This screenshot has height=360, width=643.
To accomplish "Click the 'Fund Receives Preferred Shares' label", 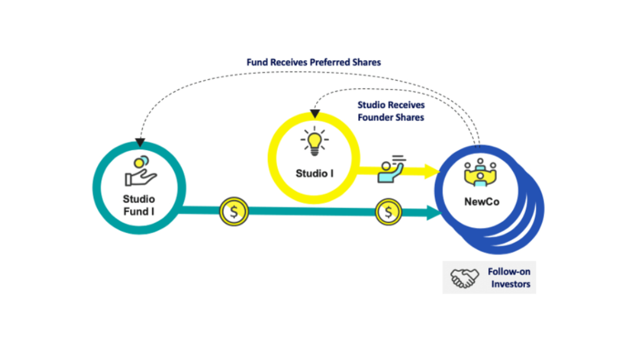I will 314,62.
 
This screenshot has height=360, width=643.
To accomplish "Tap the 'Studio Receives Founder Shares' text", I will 391,111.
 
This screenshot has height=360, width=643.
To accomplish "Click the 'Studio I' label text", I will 314,173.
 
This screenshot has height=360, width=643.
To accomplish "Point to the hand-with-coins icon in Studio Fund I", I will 140,172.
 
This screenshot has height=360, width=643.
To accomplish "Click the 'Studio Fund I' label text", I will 139,204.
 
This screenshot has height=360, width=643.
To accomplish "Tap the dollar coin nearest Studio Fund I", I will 234,211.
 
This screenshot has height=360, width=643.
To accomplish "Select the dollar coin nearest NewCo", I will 389,211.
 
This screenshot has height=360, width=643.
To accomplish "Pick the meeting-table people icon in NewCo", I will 480,172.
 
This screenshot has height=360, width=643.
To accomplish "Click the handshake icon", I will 463,278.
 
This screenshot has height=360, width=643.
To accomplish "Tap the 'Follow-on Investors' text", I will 509,278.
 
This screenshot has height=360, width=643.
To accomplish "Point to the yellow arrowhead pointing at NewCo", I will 433,171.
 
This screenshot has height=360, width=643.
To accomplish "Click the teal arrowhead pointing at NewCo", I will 434,211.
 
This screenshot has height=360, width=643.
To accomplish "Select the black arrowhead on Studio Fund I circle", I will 139,142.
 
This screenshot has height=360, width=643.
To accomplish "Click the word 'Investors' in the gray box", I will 510,284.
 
